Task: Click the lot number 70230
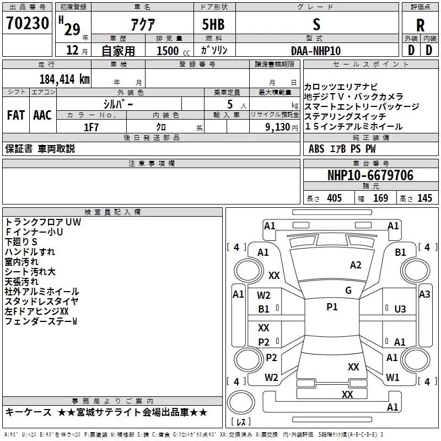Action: pos(28,23)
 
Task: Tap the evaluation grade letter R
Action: pos(420,25)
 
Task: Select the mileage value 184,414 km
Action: pos(64,79)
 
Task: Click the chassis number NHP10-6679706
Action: pos(370,175)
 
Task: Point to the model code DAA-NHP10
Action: pos(316,51)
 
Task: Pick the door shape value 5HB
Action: pos(213,24)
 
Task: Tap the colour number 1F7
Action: pos(91,127)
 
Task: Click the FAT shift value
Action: pos(16,115)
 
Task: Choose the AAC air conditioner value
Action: pos(42,115)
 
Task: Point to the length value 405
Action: pos(335,198)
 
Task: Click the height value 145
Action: pos(424,198)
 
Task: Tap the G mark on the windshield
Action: pos(348,291)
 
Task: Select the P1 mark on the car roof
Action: pos(332,307)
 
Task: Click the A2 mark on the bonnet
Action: pos(356,265)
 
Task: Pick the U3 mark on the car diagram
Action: pos(400,309)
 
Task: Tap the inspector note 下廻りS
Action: pos(21,241)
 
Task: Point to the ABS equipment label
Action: pos(316,149)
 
